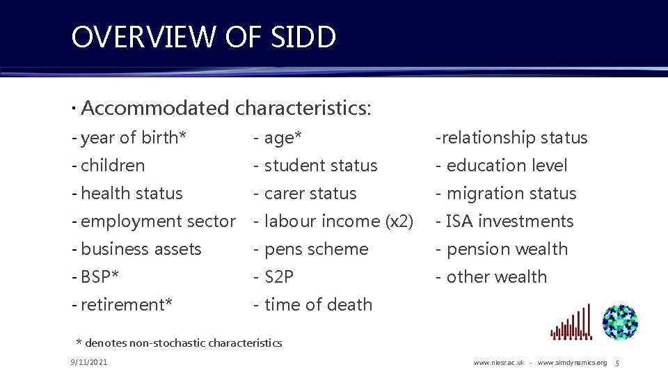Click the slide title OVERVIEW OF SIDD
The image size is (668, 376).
point(203,38)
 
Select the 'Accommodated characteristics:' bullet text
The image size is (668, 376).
point(225,108)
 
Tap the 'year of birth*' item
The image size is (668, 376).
point(129,138)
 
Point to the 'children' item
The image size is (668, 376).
point(109,166)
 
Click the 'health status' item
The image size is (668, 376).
point(127,194)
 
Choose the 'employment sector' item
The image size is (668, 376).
point(154,221)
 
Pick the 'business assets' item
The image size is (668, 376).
point(136,249)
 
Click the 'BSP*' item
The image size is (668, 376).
point(95,277)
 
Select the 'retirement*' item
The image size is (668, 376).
point(122,305)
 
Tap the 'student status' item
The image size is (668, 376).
point(316,166)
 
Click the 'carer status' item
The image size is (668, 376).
point(305,194)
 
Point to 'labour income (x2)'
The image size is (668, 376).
point(334,221)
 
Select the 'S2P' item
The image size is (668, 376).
point(274,277)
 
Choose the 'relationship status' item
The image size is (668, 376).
point(511,138)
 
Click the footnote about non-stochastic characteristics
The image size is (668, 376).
point(179,343)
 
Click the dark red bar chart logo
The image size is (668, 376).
point(571,323)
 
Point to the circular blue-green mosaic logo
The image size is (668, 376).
point(620,322)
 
